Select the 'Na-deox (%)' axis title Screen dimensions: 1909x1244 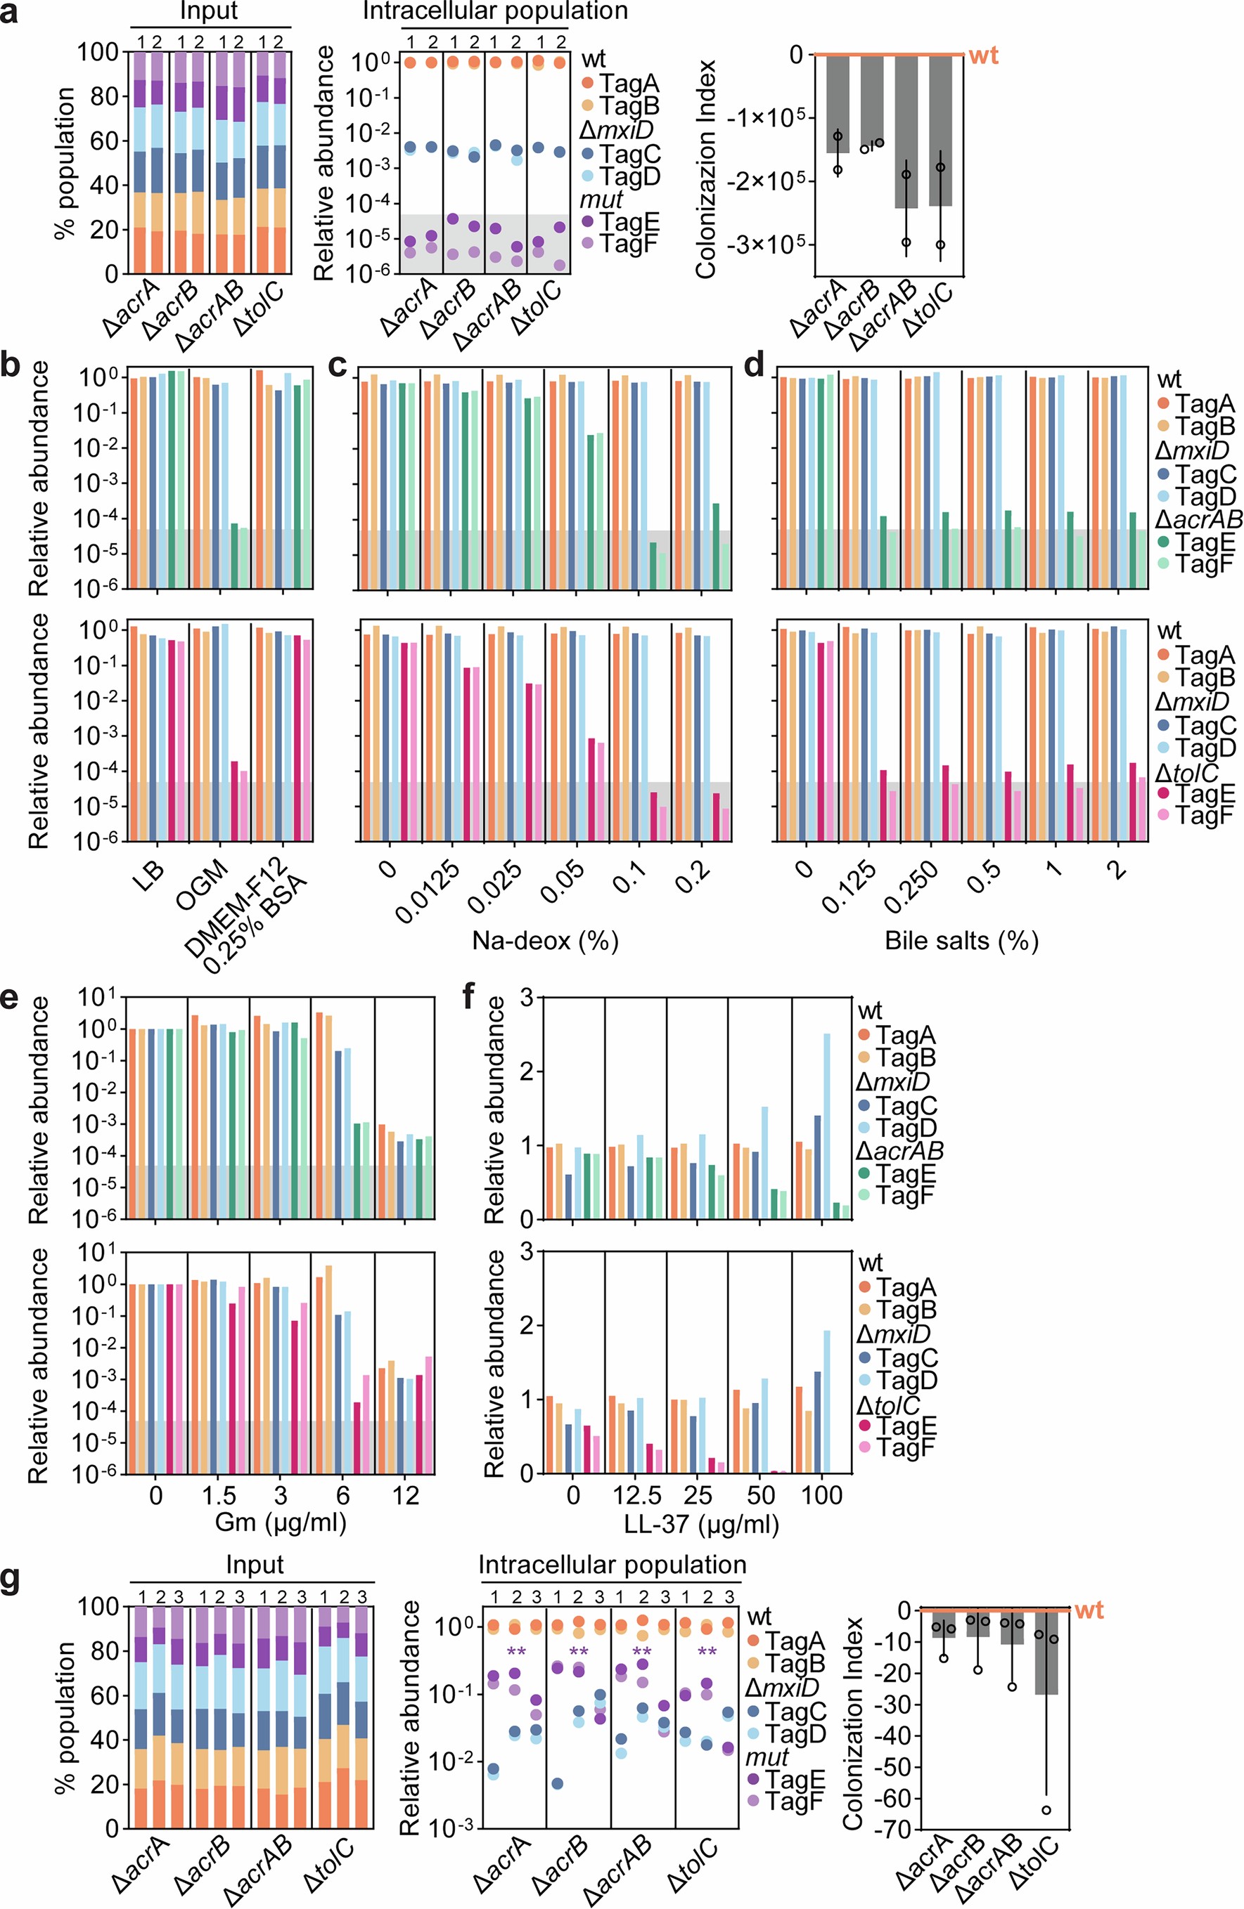[x=545, y=939]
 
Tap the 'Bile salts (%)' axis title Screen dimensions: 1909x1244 [x=961, y=939]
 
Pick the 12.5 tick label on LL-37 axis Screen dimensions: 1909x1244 [x=636, y=1495]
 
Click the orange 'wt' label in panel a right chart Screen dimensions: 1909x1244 [x=983, y=56]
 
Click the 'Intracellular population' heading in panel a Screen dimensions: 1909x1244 [x=494, y=11]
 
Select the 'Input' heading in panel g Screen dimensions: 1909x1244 [x=255, y=1565]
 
